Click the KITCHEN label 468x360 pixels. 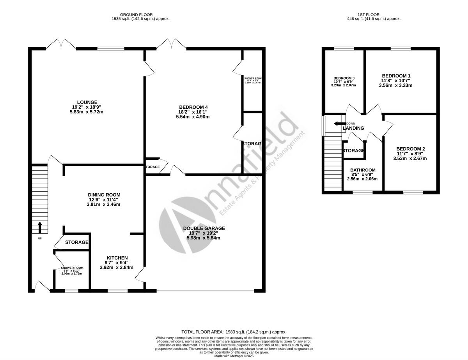(117, 258)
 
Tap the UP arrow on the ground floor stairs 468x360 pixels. (40, 227)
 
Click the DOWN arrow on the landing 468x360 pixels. (336, 124)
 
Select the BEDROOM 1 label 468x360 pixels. (396, 76)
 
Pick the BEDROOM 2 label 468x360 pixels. (410, 149)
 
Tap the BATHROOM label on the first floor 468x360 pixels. (362, 170)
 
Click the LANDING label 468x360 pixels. (354, 128)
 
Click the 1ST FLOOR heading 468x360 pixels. (374, 14)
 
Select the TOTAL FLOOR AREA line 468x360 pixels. (234, 332)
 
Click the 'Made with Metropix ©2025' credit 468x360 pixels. (234, 356)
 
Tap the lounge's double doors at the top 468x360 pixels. (62, 44)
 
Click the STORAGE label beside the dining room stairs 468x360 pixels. (76, 242)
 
